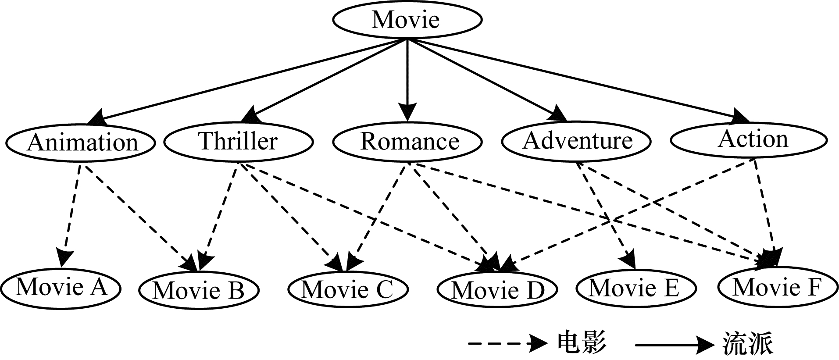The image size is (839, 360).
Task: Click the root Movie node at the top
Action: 407,20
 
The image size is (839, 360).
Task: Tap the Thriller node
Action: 238,141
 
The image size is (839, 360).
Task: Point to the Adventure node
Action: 576,141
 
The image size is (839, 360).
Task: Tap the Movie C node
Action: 348,290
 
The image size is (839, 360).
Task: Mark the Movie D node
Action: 497,290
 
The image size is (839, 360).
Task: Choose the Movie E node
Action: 635,288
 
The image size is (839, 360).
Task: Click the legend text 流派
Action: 748,343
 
